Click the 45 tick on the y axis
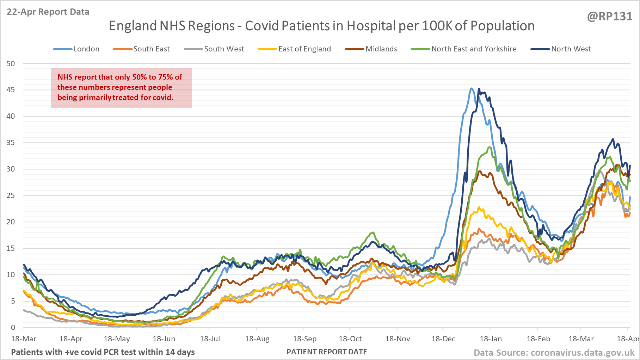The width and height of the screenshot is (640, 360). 11,90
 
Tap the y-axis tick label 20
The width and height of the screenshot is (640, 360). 11,222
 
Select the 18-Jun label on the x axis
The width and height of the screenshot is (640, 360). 164,339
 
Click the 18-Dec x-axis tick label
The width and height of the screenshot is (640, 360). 443,339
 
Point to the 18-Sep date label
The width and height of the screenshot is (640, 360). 304,339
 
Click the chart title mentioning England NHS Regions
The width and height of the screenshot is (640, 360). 321,26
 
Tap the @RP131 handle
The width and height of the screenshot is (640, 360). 609,17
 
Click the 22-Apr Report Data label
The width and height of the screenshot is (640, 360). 48,12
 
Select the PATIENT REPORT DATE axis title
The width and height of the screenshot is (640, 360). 327,352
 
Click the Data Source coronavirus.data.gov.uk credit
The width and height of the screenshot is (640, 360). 554,353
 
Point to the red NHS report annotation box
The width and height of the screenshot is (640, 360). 121,88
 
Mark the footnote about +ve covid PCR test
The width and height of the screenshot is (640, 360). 103,352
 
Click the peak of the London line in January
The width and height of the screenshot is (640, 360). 472,88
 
